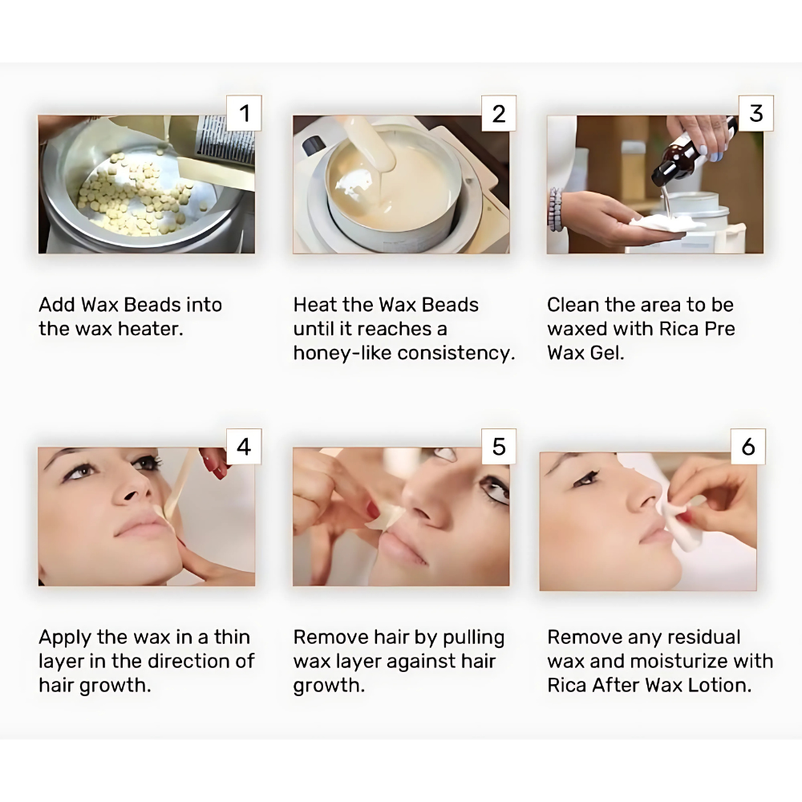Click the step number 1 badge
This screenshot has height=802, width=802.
244,113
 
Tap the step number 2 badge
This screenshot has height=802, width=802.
499,113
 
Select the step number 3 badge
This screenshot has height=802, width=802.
756,113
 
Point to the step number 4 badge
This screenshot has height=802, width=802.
244,447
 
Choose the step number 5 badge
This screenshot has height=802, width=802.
499,447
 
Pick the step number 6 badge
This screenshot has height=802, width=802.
748,447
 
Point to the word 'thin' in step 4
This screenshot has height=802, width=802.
232,638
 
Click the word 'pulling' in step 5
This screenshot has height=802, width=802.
473,638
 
